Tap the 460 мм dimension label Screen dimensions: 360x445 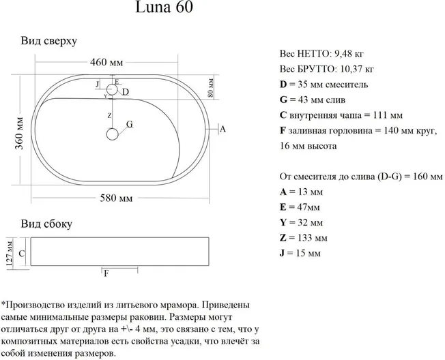[106, 63]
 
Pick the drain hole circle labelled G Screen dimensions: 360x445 [112, 134]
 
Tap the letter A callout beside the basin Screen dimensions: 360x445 [222, 129]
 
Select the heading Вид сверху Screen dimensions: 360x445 [48, 40]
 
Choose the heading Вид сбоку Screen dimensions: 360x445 [46, 224]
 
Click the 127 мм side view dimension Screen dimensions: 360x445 [10, 253]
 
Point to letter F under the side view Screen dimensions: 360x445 [106, 273]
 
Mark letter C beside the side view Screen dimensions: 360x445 [22, 254]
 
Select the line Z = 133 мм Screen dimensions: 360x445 [304, 237]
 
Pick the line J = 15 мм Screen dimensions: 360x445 [300, 254]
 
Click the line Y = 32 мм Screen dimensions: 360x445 [301, 222]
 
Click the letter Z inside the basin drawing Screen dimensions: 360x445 [109, 116]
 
